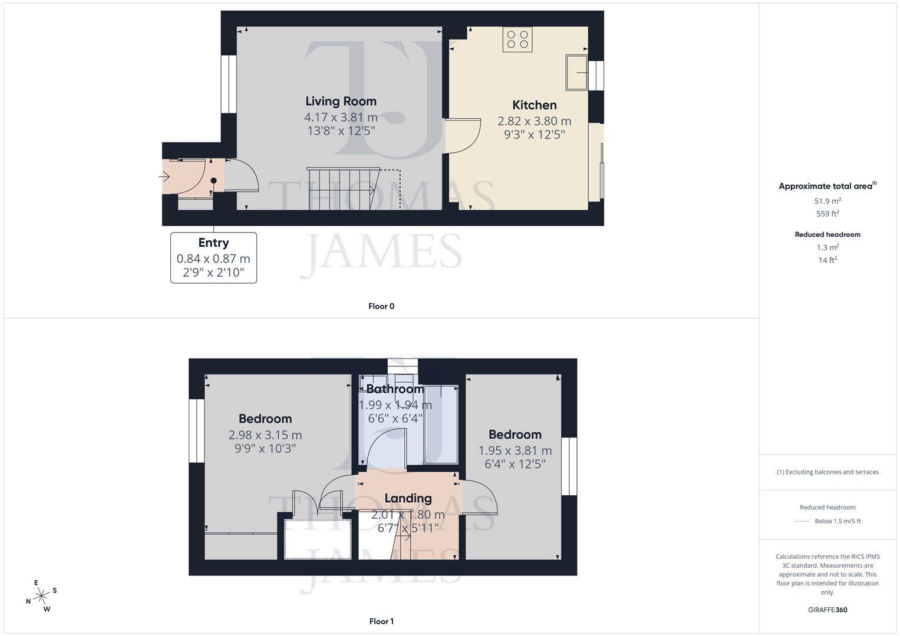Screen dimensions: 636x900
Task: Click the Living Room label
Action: [x=341, y=101]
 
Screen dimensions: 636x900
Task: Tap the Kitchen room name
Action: [x=534, y=105]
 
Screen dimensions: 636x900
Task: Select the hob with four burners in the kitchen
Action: [x=517, y=39]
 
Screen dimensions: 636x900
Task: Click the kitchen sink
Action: [x=576, y=72]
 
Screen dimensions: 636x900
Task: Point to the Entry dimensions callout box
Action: [x=213, y=258]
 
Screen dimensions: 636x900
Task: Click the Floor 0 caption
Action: [x=381, y=306]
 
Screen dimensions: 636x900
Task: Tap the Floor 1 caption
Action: [x=381, y=621]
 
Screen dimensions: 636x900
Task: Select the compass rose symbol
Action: [x=41, y=597]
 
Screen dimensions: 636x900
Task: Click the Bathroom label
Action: [x=394, y=389]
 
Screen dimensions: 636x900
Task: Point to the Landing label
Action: [x=408, y=498]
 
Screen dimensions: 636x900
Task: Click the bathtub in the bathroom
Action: [x=441, y=424]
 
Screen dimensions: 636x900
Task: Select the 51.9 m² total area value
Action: [x=828, y=201]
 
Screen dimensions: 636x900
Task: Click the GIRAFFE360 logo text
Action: [x=828, y=610]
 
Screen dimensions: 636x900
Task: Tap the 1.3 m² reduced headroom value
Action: [x=828, y=247]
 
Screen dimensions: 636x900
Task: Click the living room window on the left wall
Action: [x=229, y=84]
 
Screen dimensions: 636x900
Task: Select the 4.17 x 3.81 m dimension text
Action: [x=341, y=117]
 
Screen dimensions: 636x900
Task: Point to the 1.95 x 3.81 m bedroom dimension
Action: [x=515, y=450]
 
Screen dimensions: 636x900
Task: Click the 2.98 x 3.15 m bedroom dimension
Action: [x=265, y=435]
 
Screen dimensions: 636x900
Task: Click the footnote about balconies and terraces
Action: [x=828, y=472]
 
